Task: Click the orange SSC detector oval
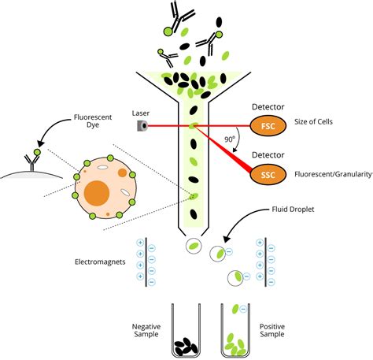click(x=266, y=173)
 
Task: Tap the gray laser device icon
click(x=142, y=125)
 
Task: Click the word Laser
click(x=142, y=112)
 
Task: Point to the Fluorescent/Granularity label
click(x=331, y=173)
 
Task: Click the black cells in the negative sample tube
click(x=186, y=344)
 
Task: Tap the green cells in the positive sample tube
click(x=235, y=343)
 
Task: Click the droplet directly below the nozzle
click(x=193, y=246)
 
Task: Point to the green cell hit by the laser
click(x=193, y=125)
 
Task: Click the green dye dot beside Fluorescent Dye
click(x=35, y=149)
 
